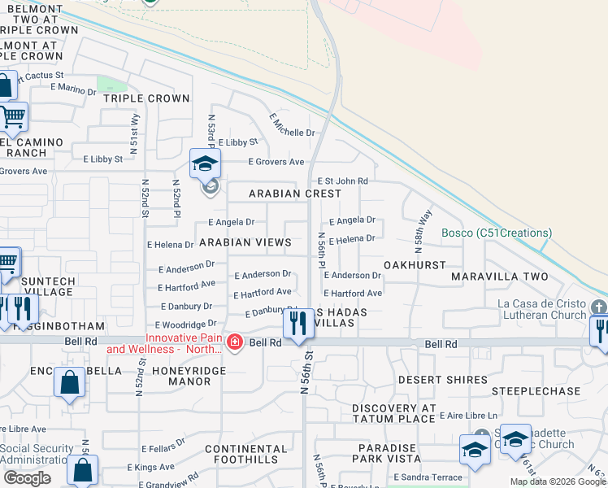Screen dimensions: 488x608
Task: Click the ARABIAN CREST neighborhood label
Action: [x=295, y=194]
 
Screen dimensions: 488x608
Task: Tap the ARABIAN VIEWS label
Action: [x=245, y=242]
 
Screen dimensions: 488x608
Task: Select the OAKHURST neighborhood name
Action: [x=415, y=265]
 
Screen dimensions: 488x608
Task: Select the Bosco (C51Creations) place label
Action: [x=497, y=233]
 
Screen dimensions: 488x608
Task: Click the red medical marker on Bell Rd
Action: [x=235, y=343]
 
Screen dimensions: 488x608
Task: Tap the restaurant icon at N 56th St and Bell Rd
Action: [x=299, y=323]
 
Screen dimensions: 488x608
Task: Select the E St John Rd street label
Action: [x=343, y=181]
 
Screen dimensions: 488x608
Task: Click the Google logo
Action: [x=27, y=477]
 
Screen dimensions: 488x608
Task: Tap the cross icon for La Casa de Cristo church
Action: [x=600, y=307]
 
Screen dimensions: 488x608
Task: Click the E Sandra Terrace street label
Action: [x=427, y=477]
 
